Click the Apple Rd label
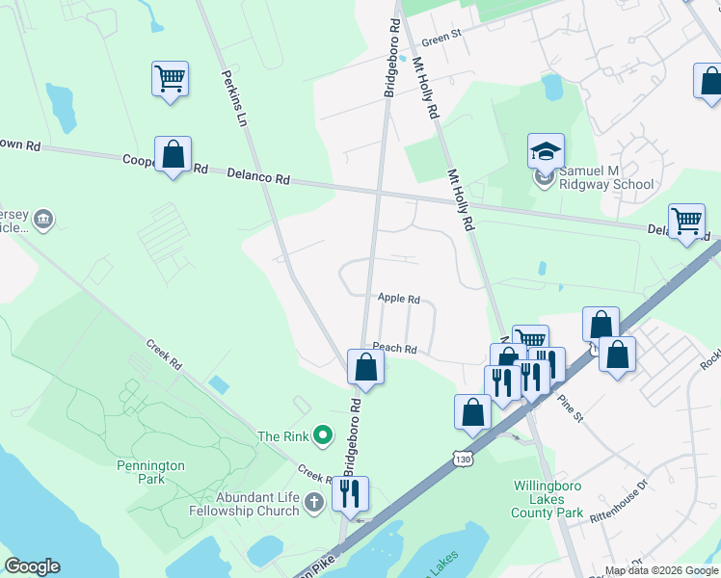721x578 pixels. (x=399, y=300)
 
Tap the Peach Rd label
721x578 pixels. (x=395, y=349)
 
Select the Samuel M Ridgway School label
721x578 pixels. (x=607, y=177)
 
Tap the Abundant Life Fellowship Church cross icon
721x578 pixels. (x=312, y=502)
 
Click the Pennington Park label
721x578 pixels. (x=151, y=472)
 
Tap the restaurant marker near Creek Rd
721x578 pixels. (x=350, y=494)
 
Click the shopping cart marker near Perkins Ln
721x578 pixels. (x=170, y=78)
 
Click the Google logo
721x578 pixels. (x=32, y=566)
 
